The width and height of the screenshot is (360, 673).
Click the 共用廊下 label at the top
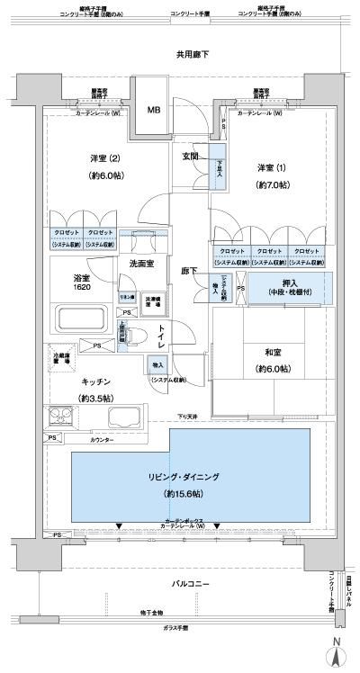click(192, 56)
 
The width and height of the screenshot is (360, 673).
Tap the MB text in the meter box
click(153, 112)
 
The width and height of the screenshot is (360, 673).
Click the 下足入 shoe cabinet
click(218, 166)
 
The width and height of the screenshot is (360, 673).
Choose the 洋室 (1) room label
click(273, 169)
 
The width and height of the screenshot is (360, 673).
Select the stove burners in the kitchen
click(63, 417)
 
